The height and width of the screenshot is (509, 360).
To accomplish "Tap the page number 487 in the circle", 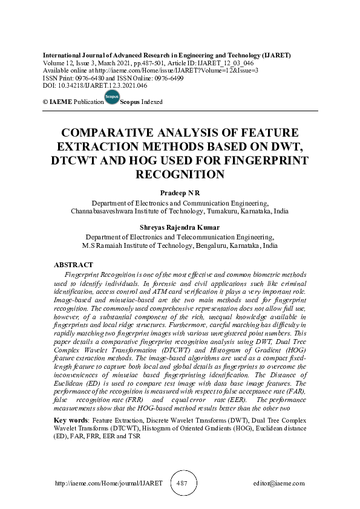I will [x=183, y=484].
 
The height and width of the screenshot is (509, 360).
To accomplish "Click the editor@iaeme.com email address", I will [x=279, y=484].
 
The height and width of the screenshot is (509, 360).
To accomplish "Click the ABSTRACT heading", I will [x=73, y=265].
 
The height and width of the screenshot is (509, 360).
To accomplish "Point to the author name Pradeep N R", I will [x=180, y=192].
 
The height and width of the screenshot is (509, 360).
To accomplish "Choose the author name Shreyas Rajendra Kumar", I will [x=180, y=227].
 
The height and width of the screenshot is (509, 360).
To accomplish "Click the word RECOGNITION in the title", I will [x=180, y=175].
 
